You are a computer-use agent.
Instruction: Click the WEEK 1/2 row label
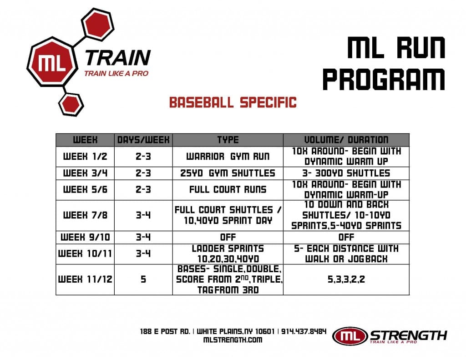tap(86, 157)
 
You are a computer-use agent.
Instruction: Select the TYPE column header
tap(227, 140)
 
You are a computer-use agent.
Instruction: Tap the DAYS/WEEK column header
tap(143, 140)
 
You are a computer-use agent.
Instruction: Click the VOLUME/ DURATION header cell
tap(346, 140)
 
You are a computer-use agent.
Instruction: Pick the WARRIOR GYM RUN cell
tap(227, 157)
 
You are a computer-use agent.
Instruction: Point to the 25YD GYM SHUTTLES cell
tap(227, 173)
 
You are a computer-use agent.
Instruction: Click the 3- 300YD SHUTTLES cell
tap(346, 173)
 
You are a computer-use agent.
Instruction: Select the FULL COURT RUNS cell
tap(227, 190)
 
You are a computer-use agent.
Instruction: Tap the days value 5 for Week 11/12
tap(143, 279)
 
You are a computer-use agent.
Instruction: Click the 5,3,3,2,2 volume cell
tap(346, 279)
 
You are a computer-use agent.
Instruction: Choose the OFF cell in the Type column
tap(227, 237)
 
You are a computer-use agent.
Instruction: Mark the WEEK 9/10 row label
tap(86, 237)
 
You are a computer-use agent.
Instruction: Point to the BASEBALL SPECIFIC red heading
tap(233, 102)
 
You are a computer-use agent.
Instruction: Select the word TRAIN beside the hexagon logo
tap(117, 58)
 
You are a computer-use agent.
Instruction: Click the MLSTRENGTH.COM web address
tap(233, 340)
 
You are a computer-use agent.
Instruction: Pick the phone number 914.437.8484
tap(304, 331)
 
